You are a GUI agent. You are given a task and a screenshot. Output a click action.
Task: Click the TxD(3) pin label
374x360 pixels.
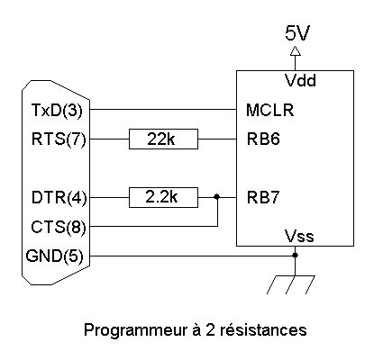point(57,110)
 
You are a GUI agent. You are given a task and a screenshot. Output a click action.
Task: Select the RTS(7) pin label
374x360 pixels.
point(59,139)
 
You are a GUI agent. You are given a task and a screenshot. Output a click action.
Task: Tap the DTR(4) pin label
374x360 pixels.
point(59,198)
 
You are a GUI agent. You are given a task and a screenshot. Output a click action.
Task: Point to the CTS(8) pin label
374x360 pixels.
point(59,227)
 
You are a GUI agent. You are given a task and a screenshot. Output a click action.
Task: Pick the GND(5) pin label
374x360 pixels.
point(54,256)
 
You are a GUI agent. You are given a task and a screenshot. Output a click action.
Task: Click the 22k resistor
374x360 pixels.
point(163,139)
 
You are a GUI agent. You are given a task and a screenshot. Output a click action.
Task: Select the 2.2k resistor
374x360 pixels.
point(163,197)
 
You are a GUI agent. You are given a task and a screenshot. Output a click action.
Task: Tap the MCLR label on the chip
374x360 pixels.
point(269,110)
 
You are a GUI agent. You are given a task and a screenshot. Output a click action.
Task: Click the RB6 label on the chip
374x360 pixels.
point(263,139)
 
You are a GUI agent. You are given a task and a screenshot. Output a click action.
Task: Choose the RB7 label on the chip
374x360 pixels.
point(263,197)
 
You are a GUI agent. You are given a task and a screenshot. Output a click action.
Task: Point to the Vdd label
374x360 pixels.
point(300,80)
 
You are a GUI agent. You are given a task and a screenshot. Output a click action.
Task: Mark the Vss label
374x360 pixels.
point(299,236)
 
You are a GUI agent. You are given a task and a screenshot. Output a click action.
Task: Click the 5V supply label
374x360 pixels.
point(296,33)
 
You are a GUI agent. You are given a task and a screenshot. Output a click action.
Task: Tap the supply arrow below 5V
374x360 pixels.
point(295,51)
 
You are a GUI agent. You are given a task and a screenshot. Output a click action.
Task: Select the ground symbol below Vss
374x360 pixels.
point(291,284)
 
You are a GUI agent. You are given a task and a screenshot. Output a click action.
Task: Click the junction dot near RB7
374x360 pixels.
point(217,197)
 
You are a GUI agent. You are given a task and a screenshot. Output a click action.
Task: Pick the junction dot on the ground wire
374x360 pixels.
point(295,256)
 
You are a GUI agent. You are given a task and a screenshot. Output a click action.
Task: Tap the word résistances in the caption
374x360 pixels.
point(263,329)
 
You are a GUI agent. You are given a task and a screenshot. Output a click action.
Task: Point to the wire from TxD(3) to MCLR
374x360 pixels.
point(163,110)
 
